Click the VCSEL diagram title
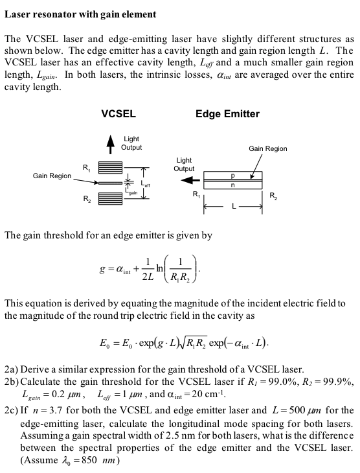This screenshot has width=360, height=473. point(118,114)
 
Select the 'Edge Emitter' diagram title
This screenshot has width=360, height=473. point(227,114)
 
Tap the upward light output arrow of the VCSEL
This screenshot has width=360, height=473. point(109,144)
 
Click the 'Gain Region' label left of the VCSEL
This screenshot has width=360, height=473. point(52,176)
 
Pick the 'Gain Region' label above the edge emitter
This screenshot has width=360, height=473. point(268,148)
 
